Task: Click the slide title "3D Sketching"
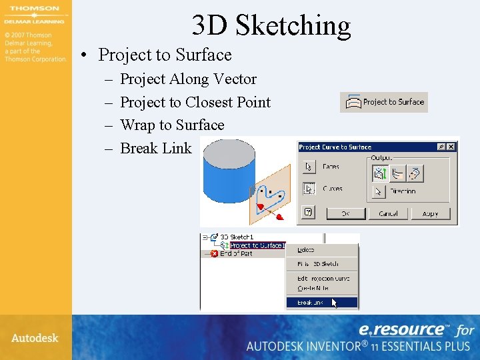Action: point(271,25)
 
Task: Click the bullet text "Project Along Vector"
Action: point(188,79)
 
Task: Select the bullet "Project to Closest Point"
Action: point(195,102)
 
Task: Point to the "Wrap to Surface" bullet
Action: point(171,125)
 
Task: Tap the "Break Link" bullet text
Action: point(155,148)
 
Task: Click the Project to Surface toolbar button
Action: point(384,102)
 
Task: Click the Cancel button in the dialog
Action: point(388,213)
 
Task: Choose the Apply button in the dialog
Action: point(430,213)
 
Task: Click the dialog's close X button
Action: point(451,147)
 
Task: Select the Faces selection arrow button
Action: point(309,167)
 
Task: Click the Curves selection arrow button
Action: point(309,189)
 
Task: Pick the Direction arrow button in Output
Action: point(379,191)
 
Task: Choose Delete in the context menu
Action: point(307,250)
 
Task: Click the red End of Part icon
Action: point(215,254)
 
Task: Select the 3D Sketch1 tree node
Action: point(237,237)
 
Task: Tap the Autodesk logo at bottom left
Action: point(35,338)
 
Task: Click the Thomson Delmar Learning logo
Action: point(34,14)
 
